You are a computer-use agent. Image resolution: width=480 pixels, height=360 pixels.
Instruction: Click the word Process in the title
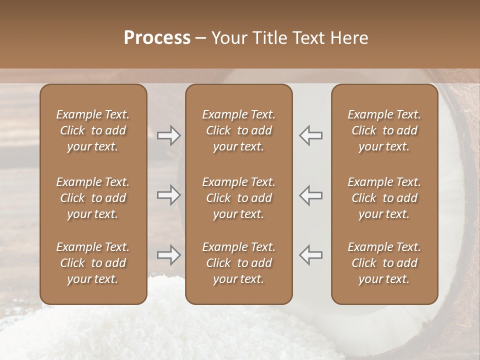coord(157,38)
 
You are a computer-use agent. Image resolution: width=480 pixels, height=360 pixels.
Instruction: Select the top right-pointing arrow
coord(168,135)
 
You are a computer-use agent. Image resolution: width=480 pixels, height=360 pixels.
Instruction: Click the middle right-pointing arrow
coord(168,195)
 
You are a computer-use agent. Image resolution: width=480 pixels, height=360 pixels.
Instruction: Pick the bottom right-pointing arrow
coord(168,255)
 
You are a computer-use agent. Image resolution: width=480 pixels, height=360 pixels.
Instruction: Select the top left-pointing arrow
coord(311,135)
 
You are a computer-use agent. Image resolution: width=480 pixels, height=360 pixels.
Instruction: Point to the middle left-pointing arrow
coord(311,195)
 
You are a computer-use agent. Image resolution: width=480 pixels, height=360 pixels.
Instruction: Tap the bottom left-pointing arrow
coord(311,255)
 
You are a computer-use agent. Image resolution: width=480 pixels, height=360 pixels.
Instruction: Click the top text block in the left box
coord(93,130)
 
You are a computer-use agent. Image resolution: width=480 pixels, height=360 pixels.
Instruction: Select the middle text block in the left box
coord(93,198)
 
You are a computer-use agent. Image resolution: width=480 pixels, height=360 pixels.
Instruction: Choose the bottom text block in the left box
coord(93,263)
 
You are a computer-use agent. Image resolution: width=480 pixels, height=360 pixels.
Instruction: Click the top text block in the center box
coord(239,130)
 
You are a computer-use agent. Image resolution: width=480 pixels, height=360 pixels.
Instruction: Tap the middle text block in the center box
coord(239,198)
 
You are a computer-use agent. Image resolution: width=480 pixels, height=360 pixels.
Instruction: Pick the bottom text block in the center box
coord(239,263)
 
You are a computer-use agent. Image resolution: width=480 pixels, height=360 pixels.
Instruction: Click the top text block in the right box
coord(384,130)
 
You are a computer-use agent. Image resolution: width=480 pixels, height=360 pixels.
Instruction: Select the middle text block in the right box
coord(384,198)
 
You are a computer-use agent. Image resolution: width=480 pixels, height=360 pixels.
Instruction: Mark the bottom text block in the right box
coord(384,263)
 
